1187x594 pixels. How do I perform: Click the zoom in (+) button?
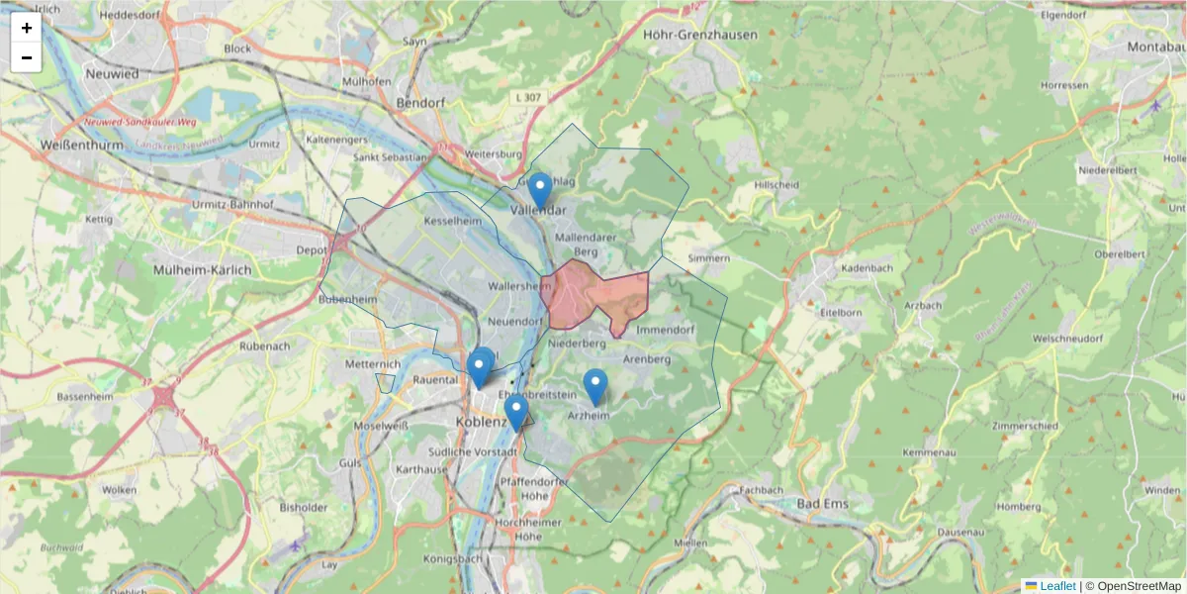pos(27,28)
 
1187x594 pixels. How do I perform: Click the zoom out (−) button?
pos(27,57)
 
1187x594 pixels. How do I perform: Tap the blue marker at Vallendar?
pos(539,188)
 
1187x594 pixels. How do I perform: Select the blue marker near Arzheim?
pos(594,385)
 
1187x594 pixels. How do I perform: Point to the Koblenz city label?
pos(481,423)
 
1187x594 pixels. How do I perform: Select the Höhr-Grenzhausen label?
pos(700,35)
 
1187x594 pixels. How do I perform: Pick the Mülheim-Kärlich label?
pos(203,269)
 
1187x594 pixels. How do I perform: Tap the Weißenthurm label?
pos(79,145)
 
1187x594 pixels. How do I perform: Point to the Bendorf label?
pos(420,103)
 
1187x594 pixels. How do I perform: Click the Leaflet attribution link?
pos(1057,586)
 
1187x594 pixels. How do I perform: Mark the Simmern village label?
pos(708,258)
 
